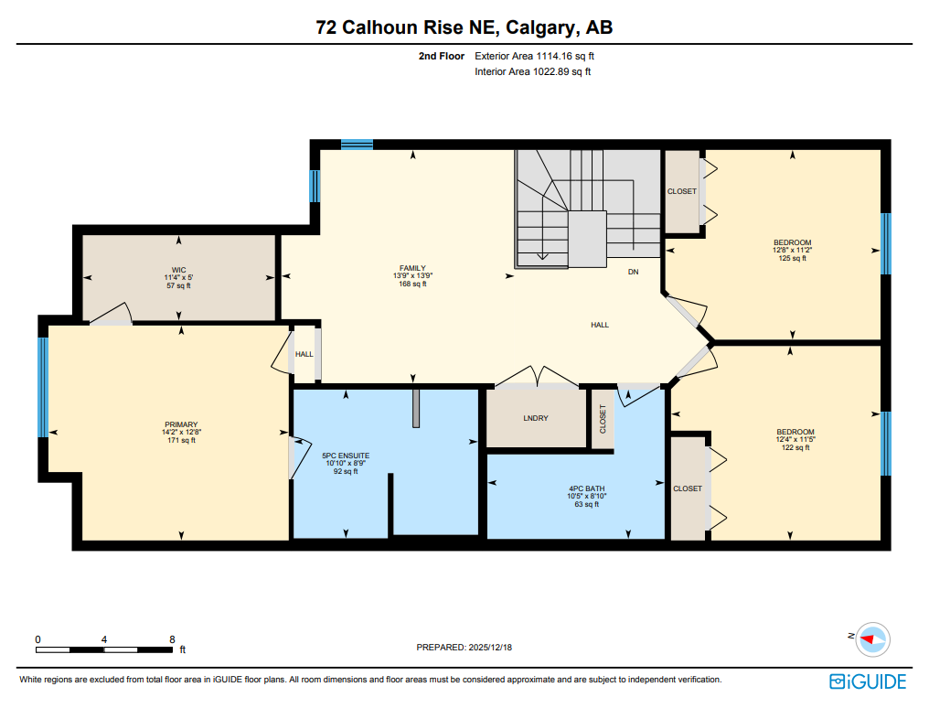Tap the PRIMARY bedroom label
coord(181,424)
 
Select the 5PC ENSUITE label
coord(346,455)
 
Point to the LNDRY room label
coord(536,418)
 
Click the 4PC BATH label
coord(585,488)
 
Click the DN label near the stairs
coord(633,273)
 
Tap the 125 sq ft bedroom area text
coord(792,258)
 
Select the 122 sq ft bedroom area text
coord(795,447)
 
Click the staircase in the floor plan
coord(585,209)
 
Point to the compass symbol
coord(873,639)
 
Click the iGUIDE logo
coord(868,681)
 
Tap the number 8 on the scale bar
coord(172,639)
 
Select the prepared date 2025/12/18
coord(464,647)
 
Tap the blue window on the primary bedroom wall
coord(42,387)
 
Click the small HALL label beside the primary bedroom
coord(304,354)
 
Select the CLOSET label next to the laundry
coord(603,419)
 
